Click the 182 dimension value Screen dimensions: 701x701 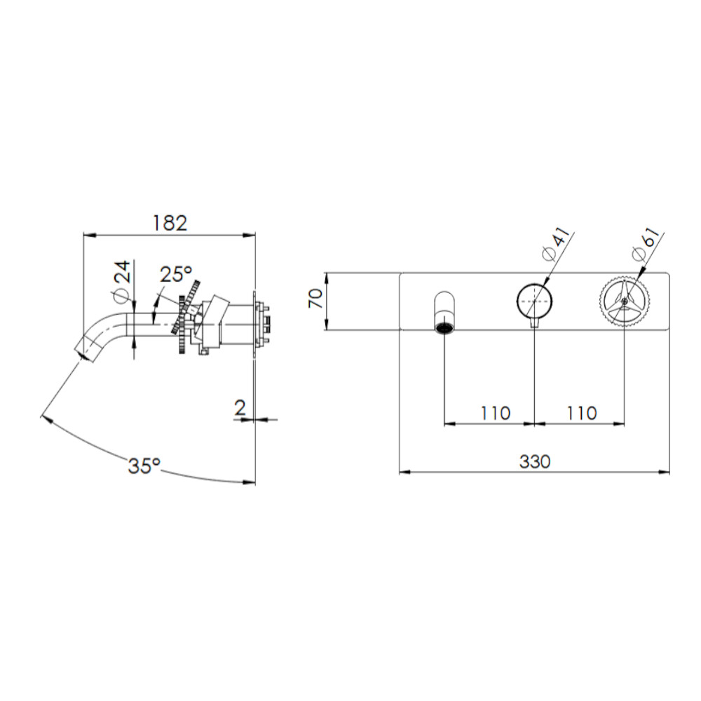pos(170,223)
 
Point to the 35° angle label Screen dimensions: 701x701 pos(144,466)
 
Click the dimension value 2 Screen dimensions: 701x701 pos(240,408)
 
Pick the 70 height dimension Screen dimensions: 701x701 pos(316,299)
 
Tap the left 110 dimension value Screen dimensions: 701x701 pos(496,413)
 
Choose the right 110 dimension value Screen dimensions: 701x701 pos(582,413)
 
